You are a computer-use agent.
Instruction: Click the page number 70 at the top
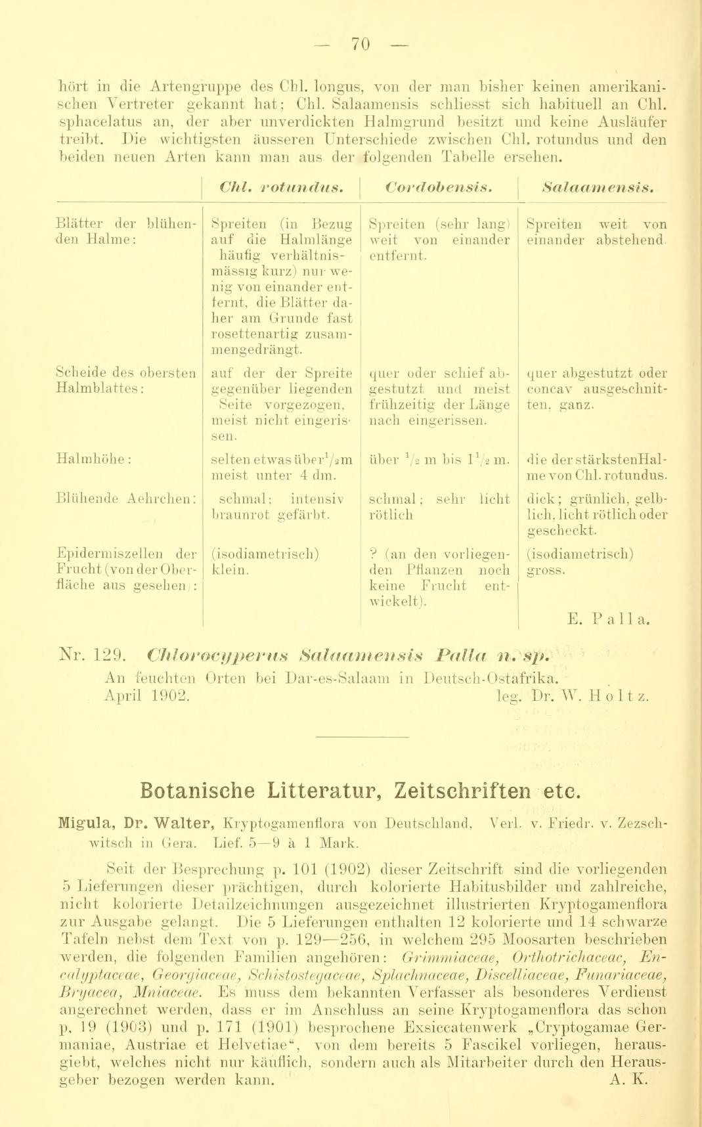click(x=361, y=44)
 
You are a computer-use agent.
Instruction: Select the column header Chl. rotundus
click(x=281, y=188)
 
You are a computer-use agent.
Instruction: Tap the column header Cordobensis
click(x=439, y=188)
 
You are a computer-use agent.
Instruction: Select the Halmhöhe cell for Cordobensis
click(x=439, y=459)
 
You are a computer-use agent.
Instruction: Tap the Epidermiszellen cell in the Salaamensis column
click(x=580, y=562)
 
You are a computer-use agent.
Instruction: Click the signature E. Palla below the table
click(x=609, y=618)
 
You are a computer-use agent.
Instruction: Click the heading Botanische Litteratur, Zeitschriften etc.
click(x=361, y=789)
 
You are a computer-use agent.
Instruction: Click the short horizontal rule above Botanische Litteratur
click(x=361, y=730)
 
